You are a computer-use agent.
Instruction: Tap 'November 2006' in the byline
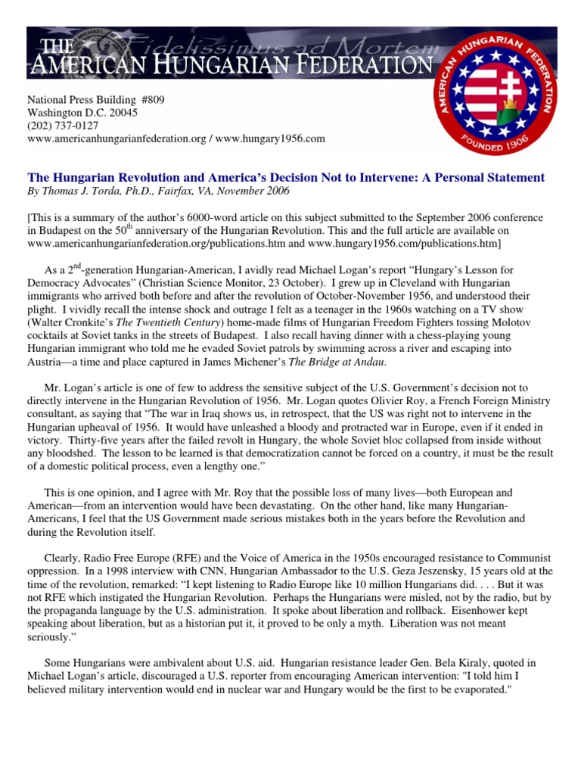coord(262,192)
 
